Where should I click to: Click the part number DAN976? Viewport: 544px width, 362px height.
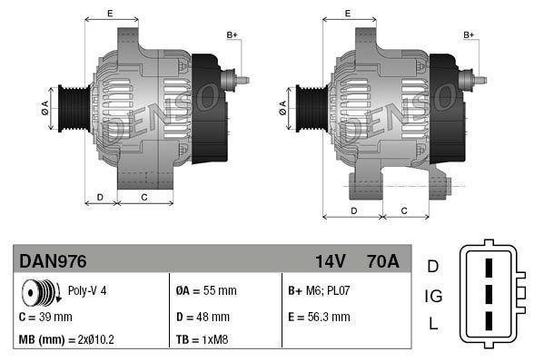[x=53, y=261]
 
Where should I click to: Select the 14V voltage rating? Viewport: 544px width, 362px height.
[x=330, y=261]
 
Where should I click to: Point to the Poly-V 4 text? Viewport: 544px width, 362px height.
[x=87, y=291]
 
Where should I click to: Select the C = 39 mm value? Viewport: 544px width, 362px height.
[x=45, y=318]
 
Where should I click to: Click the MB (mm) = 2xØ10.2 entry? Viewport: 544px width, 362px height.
[x=66, y=340]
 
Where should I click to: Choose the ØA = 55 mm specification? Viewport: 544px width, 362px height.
[x=205, y=291]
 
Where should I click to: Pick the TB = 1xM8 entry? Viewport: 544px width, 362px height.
[x=202, y=340]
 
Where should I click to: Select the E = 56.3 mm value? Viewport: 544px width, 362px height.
[x=319, y=318]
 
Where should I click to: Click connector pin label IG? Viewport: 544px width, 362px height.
[x=433, y=295]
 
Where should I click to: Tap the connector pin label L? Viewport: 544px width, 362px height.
[x=433, y=324]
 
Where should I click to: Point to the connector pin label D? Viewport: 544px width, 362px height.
[x=433, y=266]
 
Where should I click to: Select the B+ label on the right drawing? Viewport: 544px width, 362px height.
[x=469, y=34]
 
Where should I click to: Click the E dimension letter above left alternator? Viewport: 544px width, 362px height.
[x=110, y=13]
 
